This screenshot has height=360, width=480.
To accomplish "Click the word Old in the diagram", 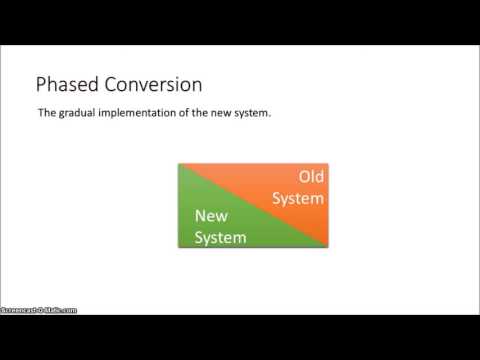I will click(312, 178).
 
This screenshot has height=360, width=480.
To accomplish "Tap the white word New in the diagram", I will click(213, 215).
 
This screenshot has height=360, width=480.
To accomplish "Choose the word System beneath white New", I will click(219, 236).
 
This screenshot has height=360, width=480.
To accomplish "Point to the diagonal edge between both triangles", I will click(253, 205).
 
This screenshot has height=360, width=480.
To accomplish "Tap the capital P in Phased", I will click(42, 86).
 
